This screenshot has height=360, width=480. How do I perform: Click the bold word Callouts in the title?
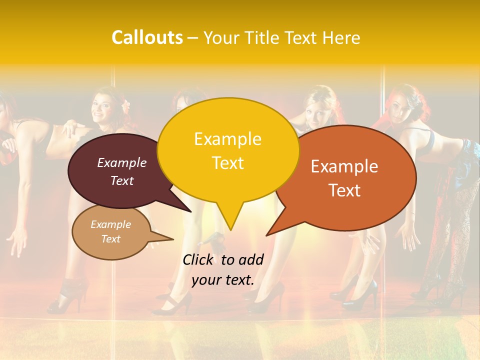click(147, 37)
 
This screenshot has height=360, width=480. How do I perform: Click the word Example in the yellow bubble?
click(227, 139)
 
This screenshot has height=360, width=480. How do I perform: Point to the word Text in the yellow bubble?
click(227, 163)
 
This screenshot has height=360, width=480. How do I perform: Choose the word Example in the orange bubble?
click(344, 166)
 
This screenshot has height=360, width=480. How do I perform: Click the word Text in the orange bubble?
click(344, 190)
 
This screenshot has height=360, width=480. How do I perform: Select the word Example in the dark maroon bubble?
click(122, 163)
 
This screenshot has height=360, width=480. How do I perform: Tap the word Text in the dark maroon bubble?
click(122, 181)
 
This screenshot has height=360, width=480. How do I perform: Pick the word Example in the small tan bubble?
click(110, 224)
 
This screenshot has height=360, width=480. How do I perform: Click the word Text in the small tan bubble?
click(110, 239)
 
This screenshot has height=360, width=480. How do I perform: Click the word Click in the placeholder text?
click(198, 259)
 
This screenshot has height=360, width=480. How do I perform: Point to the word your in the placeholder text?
click(206, 280)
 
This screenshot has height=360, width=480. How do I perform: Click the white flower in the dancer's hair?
click(126, 105)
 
